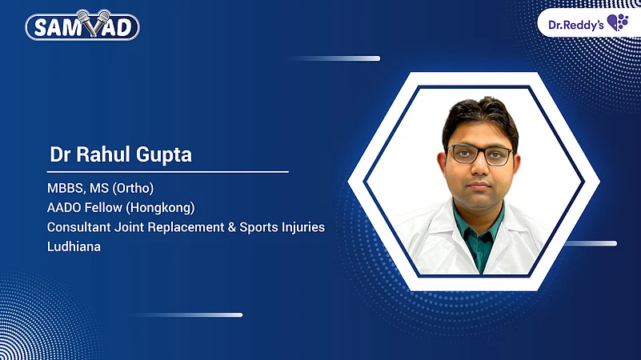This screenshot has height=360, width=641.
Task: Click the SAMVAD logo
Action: pos(82,26)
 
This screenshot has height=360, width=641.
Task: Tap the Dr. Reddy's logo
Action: pos(587,22)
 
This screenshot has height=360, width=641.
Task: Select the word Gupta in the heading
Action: pos(164,154)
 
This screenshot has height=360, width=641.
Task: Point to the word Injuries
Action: pos(305,227)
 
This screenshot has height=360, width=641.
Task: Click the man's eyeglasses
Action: pos(480,154)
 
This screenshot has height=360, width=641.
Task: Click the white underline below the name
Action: pos(168,171)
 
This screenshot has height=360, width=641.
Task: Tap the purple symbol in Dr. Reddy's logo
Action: pos(618,22)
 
